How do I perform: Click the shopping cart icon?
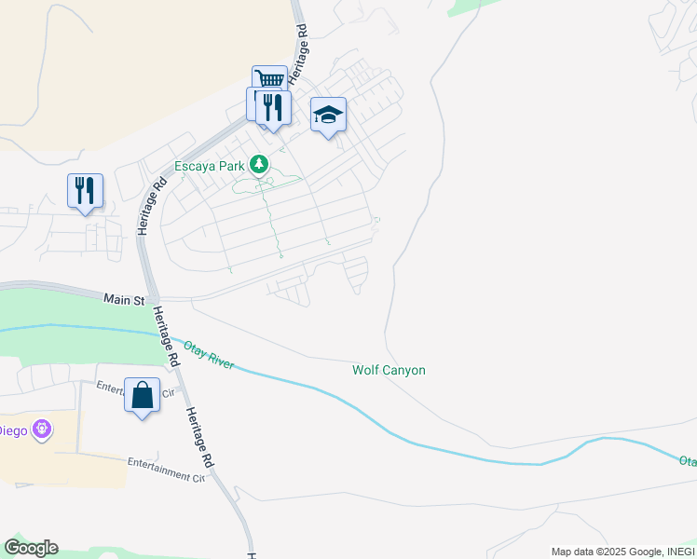point(269,80)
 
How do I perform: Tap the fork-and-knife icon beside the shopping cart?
point(272,106)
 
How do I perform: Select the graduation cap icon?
point(327,115)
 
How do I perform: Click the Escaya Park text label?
point(209,167)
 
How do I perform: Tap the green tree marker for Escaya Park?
point(260,166)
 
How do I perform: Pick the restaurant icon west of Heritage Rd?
point(85,190)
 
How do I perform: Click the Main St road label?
point(124,300)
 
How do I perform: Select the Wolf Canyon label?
point(389,370)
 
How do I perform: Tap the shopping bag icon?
point(142,395)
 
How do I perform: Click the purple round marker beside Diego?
point(41,429)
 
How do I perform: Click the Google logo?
point(31,548)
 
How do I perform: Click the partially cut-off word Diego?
point(12,429)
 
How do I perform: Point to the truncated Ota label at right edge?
point(687,460)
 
